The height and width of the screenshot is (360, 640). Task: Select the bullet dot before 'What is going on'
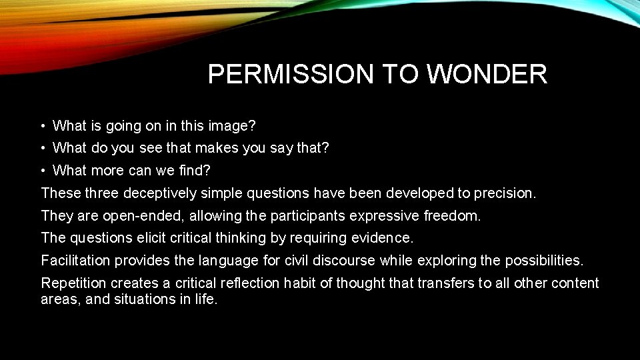click(x=42, y=126)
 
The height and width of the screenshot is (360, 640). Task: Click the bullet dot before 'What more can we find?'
click(x=42, y=171)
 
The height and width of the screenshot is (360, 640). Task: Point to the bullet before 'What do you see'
click(x=42, y=148)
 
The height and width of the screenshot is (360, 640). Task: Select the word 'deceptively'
click(x=163, y=193)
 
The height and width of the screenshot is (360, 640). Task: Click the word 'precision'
click(x=504, y=193)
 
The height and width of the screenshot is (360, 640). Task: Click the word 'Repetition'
click(x=73, y=283)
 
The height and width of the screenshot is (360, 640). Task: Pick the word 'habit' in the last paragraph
click(x=300, y=283)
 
